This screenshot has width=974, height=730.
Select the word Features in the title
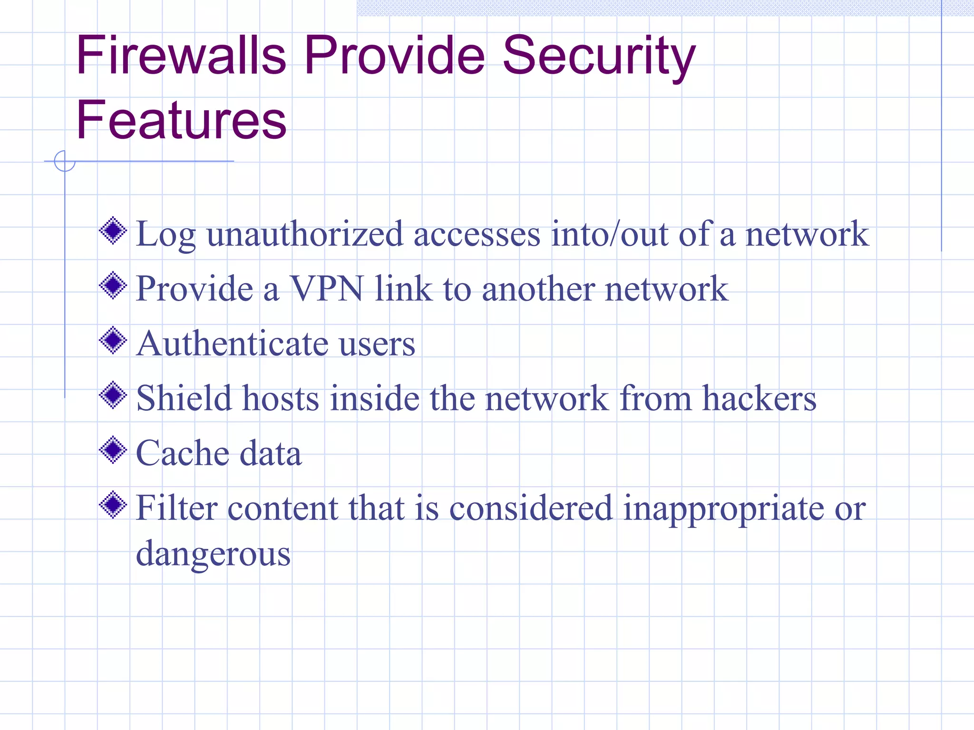point(181,120)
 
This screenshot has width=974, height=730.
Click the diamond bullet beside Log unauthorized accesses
point(113,231)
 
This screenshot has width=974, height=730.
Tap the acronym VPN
point(327,288)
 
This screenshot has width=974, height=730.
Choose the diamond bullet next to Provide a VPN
point(113,286)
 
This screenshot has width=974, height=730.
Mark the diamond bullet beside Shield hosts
point(113,395)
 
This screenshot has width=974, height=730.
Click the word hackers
point(759,398)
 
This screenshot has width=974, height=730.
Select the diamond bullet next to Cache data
point(113,450)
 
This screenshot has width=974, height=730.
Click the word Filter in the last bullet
point(176,508)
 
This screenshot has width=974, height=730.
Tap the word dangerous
point(213,554)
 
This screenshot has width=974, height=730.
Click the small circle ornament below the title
point(65,161)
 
